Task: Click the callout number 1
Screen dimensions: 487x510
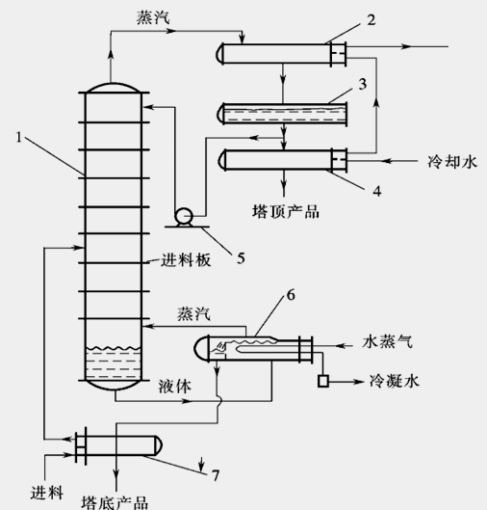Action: (19, 137)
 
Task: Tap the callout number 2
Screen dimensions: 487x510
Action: (372, 20)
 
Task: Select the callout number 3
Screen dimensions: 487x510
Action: (363, 84)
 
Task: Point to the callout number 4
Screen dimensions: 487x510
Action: (377, 191)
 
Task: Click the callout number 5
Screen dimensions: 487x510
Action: (241, 258)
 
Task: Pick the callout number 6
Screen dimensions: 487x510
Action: (291, 295)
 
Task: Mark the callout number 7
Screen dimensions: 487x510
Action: (216, 475)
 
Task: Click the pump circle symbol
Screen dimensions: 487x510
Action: (184, 216)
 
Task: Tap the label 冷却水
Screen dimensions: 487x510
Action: (452, 162)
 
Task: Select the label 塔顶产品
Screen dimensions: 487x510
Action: (286, 211)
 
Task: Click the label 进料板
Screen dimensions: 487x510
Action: (186, 260)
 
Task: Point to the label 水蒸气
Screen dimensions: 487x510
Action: (387, 342)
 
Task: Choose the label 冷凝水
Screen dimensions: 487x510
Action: (395, 381)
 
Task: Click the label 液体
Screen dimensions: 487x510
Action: (174, 386)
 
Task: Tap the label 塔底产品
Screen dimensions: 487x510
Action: (115, 502)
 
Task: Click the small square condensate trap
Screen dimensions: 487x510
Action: (323, 381)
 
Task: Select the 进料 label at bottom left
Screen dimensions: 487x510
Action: (47, 493)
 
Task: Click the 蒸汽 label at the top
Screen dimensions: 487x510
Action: (153, 17)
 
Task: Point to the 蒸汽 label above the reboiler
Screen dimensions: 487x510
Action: (193, 314)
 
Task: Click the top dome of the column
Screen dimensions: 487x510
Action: (114, 84)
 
